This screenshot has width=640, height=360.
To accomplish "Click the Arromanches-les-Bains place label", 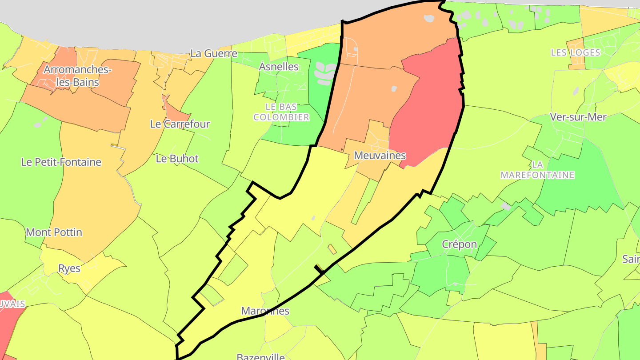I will pos(78,76).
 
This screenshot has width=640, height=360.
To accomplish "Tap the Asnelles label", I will pos(279,67).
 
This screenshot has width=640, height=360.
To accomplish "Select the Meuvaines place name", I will pos(380,156).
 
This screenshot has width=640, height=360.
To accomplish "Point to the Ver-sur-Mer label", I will pos(578,117).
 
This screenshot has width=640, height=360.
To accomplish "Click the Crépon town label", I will pos(460,244).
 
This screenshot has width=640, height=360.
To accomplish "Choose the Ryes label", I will pos(69,268).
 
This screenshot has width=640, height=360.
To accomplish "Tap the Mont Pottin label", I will pos(54,232).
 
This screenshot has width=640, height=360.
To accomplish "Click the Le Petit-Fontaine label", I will pos(61,162).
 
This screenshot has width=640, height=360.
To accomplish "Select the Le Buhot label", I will pos(177,159).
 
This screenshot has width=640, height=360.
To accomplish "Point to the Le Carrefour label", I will pos(180,124).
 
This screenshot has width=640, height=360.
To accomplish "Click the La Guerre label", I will pos(214,53).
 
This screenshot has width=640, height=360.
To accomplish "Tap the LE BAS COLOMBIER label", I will pos(281,112).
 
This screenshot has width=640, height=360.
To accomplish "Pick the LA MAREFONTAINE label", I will pos(538,170).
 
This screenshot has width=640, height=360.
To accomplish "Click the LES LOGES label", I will pos(576,52).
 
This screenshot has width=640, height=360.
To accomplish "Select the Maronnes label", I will pos(265,311).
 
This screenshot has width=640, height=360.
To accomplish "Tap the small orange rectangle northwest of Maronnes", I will pos(332,249).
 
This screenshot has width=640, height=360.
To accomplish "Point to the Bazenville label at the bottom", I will pos(260,357).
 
